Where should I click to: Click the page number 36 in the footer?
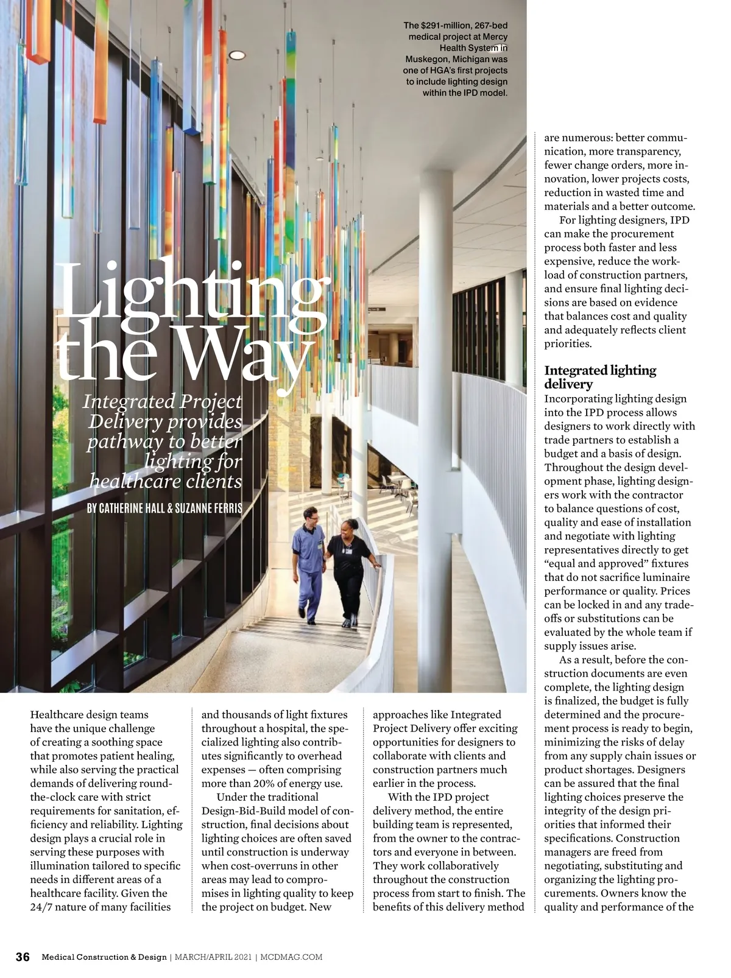(23, 957)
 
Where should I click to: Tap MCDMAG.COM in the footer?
(291, 957)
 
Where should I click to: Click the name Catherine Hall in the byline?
(132, 508)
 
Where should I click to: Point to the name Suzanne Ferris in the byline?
(208, 508)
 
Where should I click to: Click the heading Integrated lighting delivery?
(599, 377)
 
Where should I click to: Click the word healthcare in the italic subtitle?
(127, 482)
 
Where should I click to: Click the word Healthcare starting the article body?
(58, 714)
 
